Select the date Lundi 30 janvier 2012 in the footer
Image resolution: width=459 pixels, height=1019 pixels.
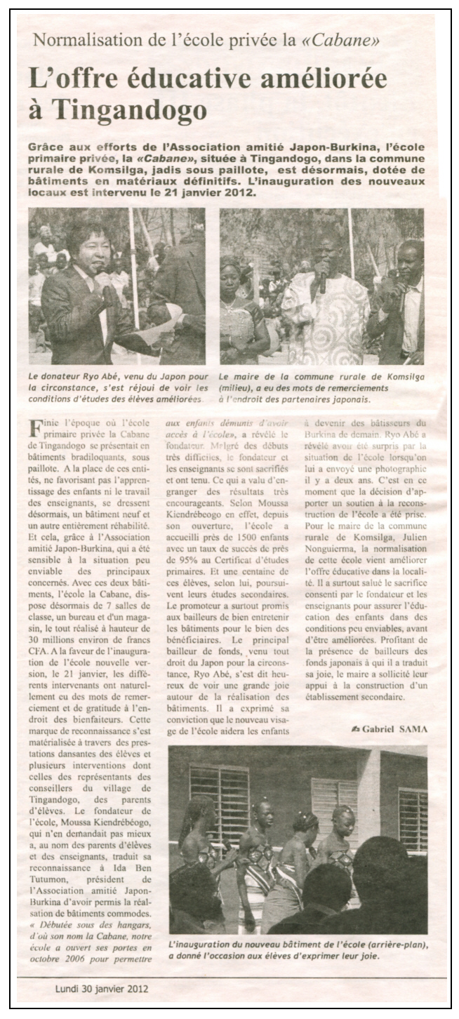click(x=102, y=990)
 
